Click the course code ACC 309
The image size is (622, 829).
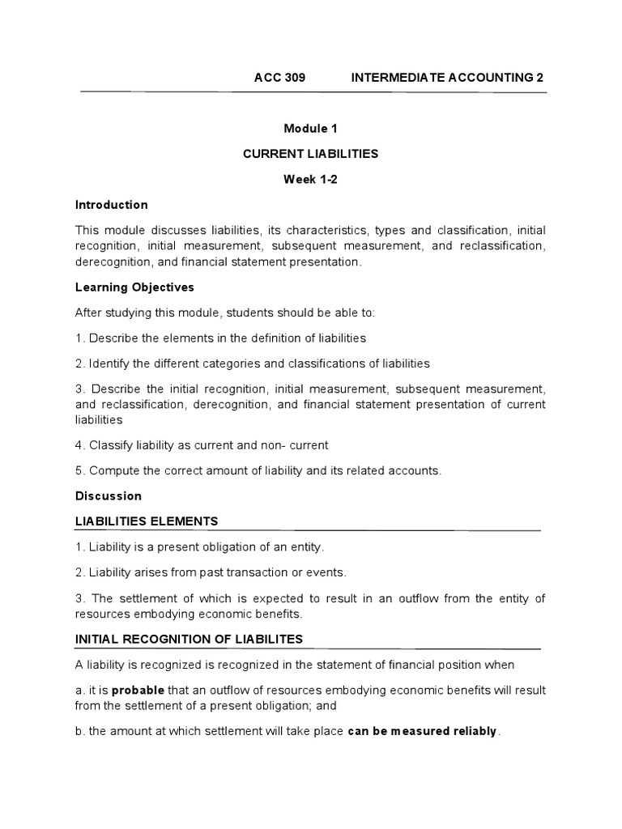pyautogui.click(x=279, y=77)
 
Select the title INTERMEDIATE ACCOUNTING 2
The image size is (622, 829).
pyautogui.click(x=447, y=77)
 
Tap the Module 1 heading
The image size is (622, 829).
pyautogui.click(x=310, y=129)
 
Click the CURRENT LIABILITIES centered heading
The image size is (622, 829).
pyautogui.click(x=311, y=154)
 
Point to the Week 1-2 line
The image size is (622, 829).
pyautogui.click(x=310, y=180)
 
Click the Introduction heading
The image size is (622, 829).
pyautogui.click(x=112, y=205)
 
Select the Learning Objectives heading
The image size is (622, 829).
pyautogui.click(x=134, y=287)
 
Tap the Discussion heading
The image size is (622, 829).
pyautogui.click(x=108, y=495)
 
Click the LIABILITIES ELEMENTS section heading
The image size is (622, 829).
pyautogui.click(x=147, y=521)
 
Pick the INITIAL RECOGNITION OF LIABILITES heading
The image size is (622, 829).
pyautogui.click(x=189, y=639)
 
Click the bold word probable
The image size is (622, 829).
pyautogui.click(x=138, y=691)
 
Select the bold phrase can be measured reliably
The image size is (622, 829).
pyautogui.click(x=422, y=731)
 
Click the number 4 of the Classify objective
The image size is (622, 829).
pyautogui.click(x=79, y=445)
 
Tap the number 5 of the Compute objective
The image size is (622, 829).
pyautogui.click(x=79, y=470)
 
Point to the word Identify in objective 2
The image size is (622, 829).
pyautogui.click(x=111, y=363)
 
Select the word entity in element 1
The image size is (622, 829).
pyautogui.click(x=305, y=547)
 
